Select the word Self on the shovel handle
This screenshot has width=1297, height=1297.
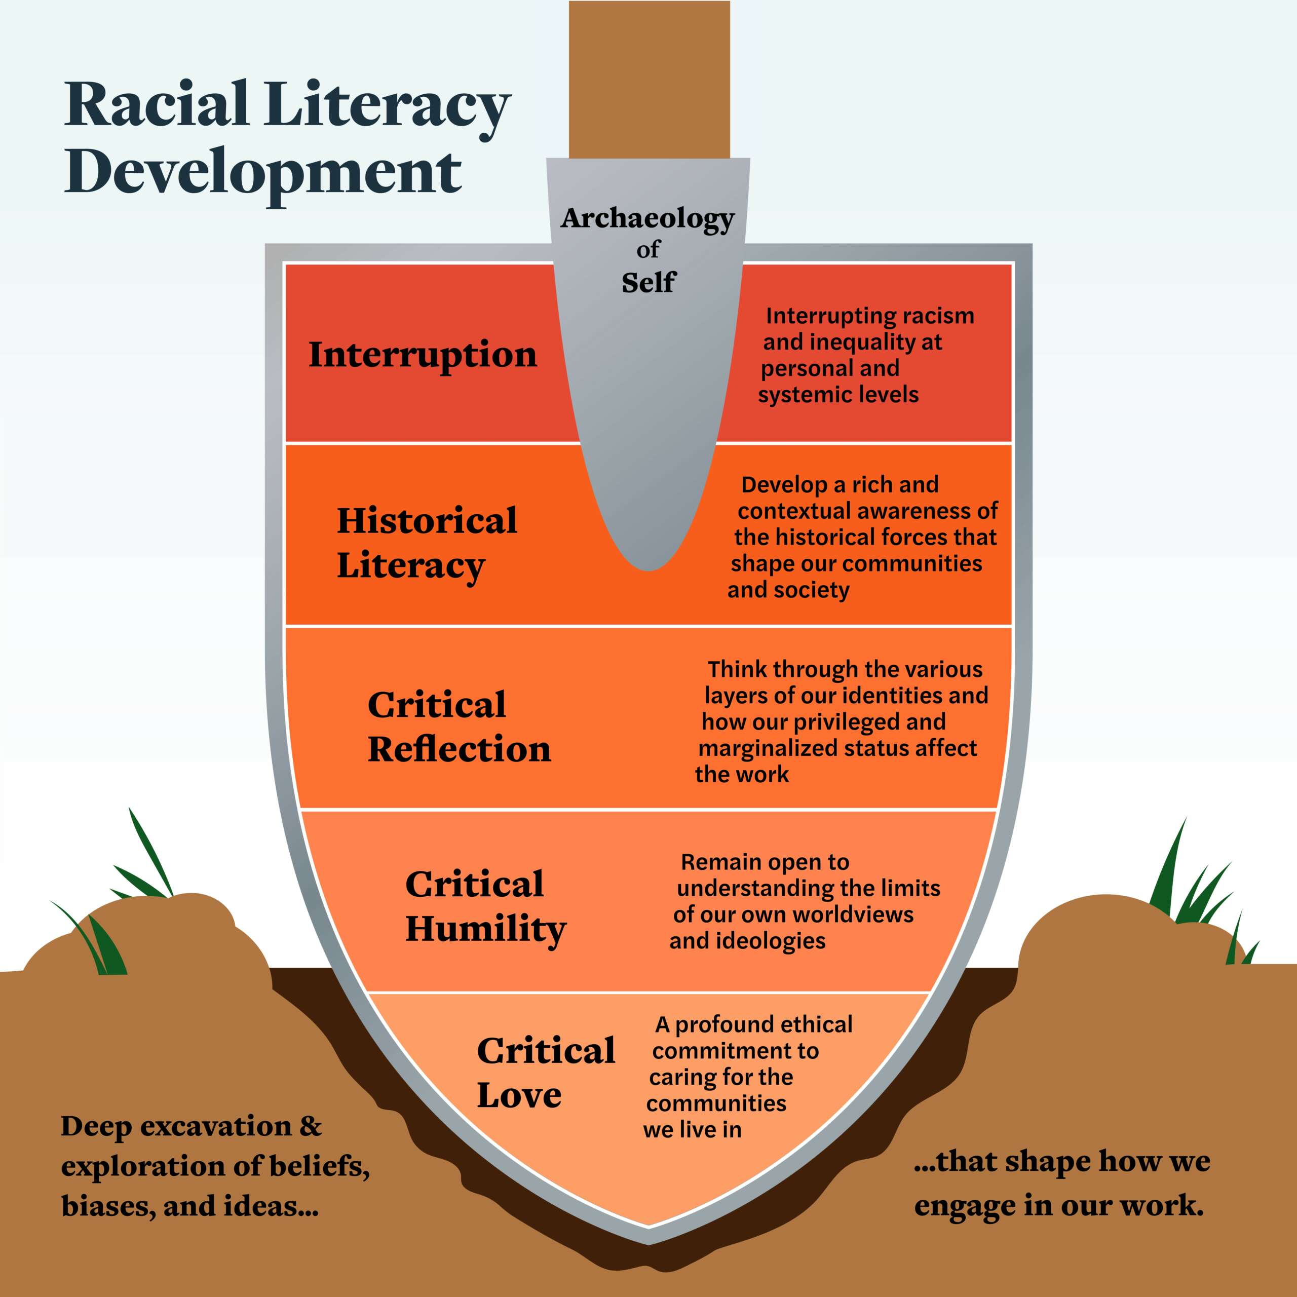pyautogui.click(x=648, y=283)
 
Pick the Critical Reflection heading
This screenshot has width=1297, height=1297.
pyautogui.click(x=459, y=727)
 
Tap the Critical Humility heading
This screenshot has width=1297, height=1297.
pyautogui.click(x=485, y=906)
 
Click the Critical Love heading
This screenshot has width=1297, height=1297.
pyautogui.click(x=545, y=1073)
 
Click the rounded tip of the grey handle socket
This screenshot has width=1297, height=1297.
pyautogui.click(x=648, y=560)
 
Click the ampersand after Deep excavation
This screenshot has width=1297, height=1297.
pyautogui.click(x=310, y=1126)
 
